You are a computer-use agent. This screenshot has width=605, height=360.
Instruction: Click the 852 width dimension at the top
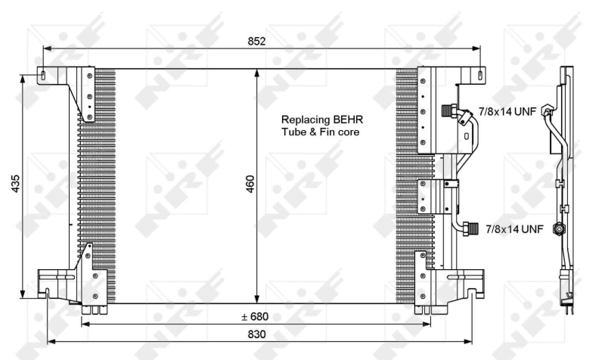click(x=256, y=42)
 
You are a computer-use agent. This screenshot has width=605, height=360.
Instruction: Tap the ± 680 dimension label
click(x=254, y=316)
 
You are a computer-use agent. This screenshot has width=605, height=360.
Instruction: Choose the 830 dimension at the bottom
click(x=256, y=334)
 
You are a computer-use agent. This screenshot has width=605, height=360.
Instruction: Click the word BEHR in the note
click(x=346, y=119)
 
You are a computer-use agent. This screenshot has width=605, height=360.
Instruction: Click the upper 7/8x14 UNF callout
click(x=507, y=111)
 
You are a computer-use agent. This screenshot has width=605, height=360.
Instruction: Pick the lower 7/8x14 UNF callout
click(x=514, y=227)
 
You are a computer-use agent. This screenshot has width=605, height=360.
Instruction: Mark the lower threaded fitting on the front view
click(x=471, y=226)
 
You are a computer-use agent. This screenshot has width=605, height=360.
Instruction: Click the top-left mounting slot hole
click(x=45, y=75)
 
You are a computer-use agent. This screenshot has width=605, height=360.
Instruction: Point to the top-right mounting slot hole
click(x=478, y=74)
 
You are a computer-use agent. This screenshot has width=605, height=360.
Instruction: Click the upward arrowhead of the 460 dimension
click(x=258, y=73)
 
